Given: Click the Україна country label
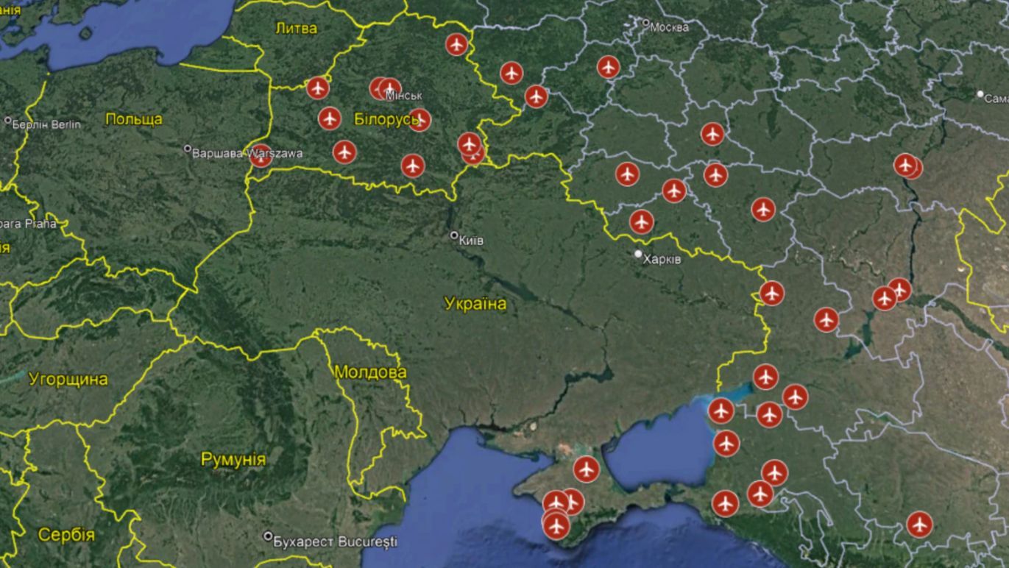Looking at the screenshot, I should (475, 304).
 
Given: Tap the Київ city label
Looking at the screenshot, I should (471, 240).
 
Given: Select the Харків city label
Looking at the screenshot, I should (662, 259).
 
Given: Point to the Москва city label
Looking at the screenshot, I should (670, 27).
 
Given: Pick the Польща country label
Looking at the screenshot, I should (134, 119).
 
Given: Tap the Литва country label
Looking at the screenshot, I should (296, 29).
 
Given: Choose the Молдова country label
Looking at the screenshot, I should (370, 372).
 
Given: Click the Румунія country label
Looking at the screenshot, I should (233, 460).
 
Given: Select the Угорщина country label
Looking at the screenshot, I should (68, 380).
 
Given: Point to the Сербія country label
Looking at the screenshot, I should (66, 535).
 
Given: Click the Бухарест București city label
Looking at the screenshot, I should (335, 542).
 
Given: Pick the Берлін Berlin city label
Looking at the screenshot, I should (46, 124).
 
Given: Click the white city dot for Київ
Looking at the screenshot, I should (454, 235).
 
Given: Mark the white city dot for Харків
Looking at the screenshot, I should (639, 254).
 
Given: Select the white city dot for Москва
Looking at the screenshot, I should (646, 24).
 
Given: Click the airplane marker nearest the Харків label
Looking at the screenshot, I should (642, 221).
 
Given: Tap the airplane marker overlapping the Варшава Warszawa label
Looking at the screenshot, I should (261, 155).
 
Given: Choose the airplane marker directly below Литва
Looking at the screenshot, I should (317, 88).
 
